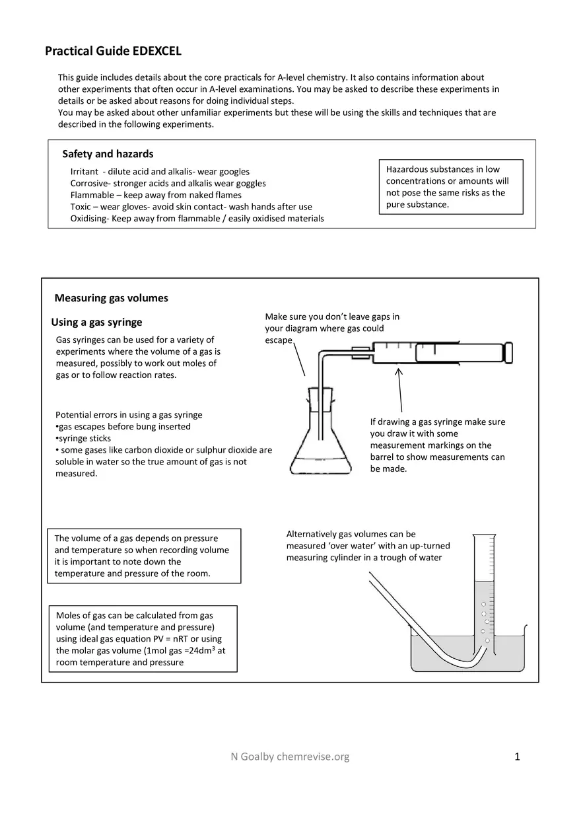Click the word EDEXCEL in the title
click(156, 51)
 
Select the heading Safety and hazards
click(108, 154)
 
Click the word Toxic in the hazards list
click(82, 207)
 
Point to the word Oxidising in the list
click(88, 219)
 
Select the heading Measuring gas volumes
click(111, 298)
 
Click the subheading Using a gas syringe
click(96, 322)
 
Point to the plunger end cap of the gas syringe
click(508, 352)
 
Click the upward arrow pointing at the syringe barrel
click(399, 390)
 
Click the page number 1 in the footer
click(518, 757)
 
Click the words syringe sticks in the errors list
click(85, 438)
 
